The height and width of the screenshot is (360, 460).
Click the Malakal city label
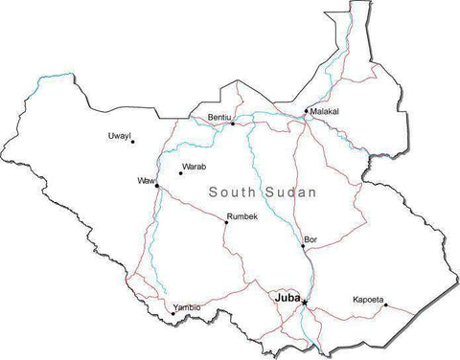coord(325,111)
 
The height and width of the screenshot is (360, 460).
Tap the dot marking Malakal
coord(307,111)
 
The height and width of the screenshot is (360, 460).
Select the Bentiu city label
coord(219,117)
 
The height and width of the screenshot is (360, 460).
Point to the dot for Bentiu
coord(232,123)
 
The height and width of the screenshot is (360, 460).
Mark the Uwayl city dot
coord(132,142)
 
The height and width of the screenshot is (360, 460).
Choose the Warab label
coord(194,167)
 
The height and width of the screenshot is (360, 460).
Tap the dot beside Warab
coord(180,173)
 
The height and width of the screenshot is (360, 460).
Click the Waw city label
coord(146,180)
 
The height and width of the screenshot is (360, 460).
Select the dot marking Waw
coord(157,186)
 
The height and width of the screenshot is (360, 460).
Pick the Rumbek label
coord(242,216)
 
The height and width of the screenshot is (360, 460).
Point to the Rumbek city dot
coord(226,222)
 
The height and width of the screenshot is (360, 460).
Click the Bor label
coord(310,238)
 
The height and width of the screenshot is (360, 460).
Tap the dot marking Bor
coord(303,246)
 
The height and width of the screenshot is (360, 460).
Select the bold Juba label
coord(287,298)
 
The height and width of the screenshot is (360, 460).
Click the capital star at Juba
coord(305,304)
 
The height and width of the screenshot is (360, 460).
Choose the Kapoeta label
coord(367,299)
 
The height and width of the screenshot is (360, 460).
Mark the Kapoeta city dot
coord(385,305)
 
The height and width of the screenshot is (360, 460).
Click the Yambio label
coord(187,306)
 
